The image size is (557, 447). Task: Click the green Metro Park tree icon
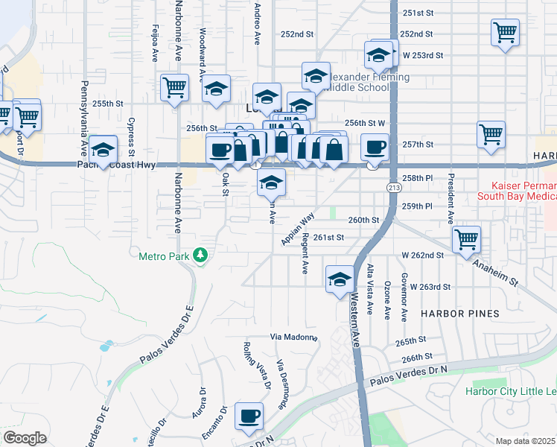click(x=200, y=256)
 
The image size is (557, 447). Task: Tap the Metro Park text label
click(x=165, y=256)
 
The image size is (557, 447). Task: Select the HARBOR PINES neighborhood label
click(x=460, y=314)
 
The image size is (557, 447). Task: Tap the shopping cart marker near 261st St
click(x=467, y=240)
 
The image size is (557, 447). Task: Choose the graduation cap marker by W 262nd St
click(x=340, y=279)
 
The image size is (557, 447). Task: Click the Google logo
click(x=25, y=437)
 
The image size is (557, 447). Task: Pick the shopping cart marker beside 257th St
click(x=491, y=135)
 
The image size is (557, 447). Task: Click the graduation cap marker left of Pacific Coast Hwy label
click(x=103, y=149)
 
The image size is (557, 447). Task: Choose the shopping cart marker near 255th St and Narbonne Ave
click(x=174, y=86)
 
